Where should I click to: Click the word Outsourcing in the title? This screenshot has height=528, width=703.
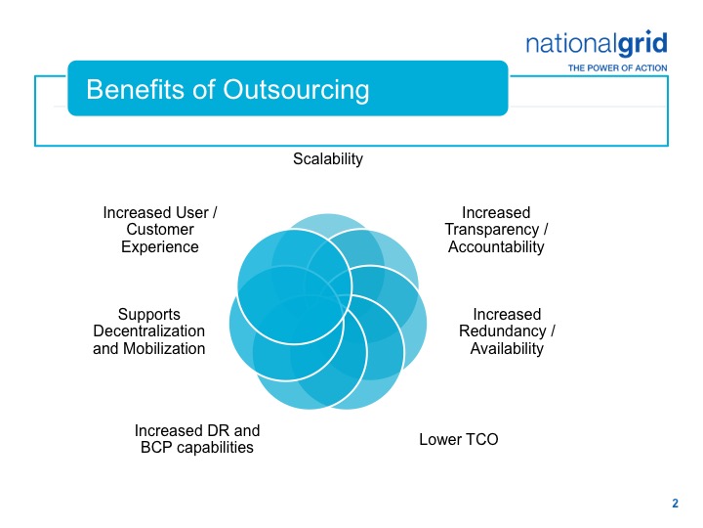tap(296, 90)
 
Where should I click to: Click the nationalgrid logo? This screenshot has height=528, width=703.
tap(597, 44)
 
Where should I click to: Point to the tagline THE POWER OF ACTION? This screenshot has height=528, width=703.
tap(617, 68)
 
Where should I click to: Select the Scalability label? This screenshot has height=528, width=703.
tap(328, 159)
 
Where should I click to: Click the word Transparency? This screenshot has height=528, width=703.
tap(491, 230)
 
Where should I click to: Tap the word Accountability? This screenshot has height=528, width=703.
tap(496, 246)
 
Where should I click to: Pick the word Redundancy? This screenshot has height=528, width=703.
tap(502, 330)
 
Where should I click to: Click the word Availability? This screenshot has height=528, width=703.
tap(507, 348)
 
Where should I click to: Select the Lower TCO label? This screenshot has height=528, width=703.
tap(459, 439)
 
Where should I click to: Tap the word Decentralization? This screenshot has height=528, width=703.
tap(148, 330)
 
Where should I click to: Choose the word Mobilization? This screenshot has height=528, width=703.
tap(164, 348)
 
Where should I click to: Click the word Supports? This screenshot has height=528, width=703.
tap(148, 314)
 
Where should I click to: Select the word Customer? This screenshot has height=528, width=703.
tap(160, 230)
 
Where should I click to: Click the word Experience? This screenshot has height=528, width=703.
tap(159, 247)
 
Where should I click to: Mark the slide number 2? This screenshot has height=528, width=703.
tap(676, 504)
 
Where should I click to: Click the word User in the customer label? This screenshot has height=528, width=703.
tap(192, 212)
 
